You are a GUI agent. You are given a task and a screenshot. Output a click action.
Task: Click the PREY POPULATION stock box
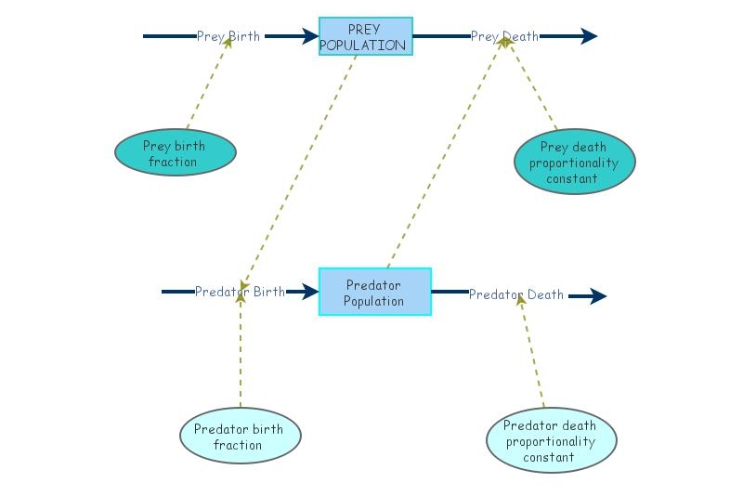tap(366, 37)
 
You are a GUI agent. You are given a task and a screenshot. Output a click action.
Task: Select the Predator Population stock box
tap(374, 292)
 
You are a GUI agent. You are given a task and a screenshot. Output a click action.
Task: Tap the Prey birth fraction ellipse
tap(175, 152)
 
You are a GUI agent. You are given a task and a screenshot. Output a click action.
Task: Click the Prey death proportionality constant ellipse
tap(574, 162)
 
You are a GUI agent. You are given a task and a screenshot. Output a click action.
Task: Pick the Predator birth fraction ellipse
tap(240, 437)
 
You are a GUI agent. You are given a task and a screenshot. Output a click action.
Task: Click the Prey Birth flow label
tap(228, 37)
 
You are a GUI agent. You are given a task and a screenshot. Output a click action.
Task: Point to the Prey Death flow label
tap(503, 37)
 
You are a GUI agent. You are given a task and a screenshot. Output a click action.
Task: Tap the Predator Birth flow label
tap(240, 292)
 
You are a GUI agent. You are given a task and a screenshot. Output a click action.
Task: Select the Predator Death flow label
tap(515, 295)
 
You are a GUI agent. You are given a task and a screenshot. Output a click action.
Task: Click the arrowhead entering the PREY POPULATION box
tap(309, 37)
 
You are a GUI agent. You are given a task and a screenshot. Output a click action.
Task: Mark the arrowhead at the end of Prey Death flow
tap(589, 37)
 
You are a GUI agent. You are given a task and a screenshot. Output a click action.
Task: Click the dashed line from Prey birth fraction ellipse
tap(206, 85)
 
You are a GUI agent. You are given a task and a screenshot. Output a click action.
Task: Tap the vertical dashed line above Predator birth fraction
tap(240, 353)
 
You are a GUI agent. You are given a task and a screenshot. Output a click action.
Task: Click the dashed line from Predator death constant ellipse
tap(532, 353)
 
